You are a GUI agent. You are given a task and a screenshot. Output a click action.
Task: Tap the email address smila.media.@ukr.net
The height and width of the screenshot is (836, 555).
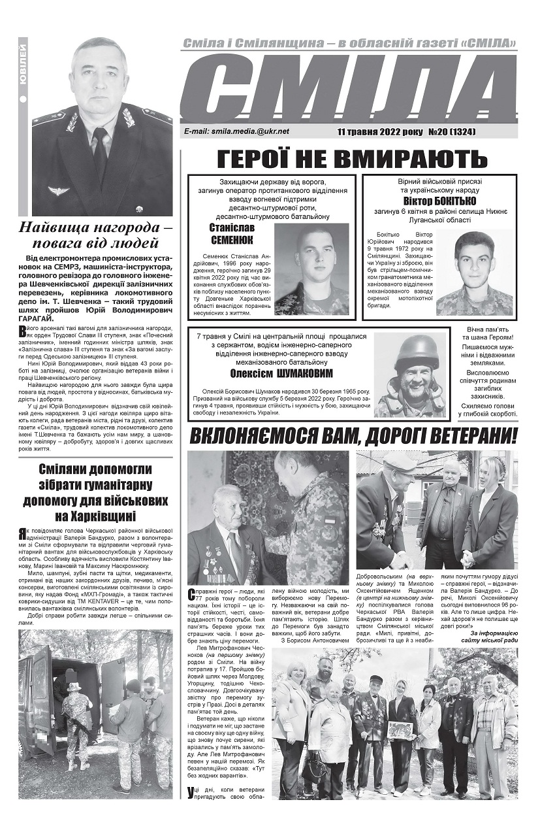(x=237, y=131)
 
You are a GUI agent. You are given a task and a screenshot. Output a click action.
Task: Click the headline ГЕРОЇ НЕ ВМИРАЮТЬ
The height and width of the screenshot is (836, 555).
(x=352, y=159)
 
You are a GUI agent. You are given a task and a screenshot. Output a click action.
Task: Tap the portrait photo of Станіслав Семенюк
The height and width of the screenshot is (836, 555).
(x=311, y=269)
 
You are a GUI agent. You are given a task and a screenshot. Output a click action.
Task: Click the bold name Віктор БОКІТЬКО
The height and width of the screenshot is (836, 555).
(x=439, y=201)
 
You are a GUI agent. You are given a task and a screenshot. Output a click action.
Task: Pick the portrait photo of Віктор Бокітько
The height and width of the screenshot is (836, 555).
(x=474, y=273)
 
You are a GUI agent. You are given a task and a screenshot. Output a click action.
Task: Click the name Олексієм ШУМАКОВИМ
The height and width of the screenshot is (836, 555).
(x=281, y=373)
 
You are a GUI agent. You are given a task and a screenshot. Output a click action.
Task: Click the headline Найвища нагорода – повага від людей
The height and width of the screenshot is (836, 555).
(x=98, y=235)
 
